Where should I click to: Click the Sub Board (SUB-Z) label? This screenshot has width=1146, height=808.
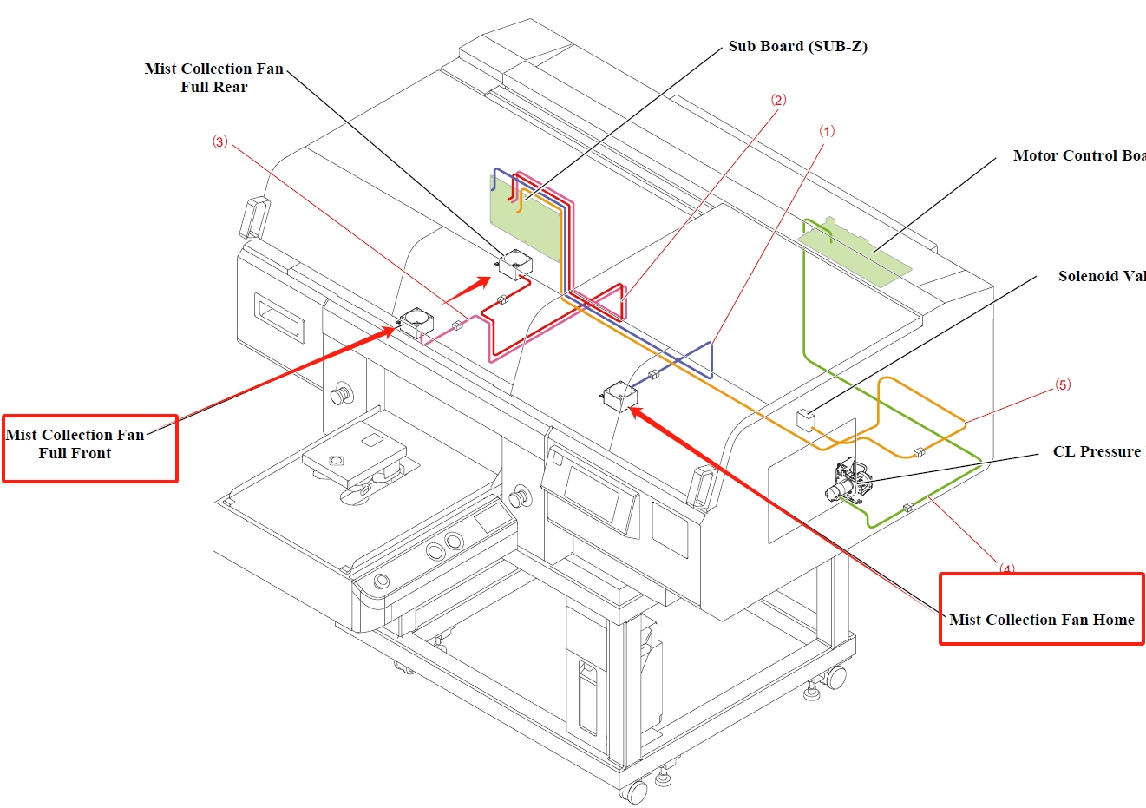click(x=797, y=46)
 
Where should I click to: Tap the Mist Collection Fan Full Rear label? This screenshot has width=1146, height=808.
click(x=214, y=77)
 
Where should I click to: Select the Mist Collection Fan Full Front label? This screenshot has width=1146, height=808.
click(x=75, y=443)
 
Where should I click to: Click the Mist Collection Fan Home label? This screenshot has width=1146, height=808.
click(x=1041, y=620)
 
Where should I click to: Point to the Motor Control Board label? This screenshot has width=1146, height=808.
click(x=1078, y=156)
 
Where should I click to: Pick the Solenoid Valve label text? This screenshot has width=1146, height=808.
click(x=1101, y=276)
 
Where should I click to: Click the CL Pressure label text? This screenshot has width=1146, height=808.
click(x=1097, y=451)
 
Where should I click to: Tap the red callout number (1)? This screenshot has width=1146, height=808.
click(x=827, y=131)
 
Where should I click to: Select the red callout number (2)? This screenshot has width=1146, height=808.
click(x=778, y=100)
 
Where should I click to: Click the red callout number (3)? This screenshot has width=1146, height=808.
click(x=220, y=141)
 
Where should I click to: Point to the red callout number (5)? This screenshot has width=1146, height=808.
click(x=1063, y=384)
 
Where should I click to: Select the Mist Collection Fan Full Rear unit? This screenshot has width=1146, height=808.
click(x=515, y=263)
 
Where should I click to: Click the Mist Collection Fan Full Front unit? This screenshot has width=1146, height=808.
click(x=416, y=322)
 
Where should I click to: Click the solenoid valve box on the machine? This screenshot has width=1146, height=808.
click(x=805, y=419)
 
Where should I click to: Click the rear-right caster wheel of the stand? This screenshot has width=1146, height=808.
click(x=835, y=676)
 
